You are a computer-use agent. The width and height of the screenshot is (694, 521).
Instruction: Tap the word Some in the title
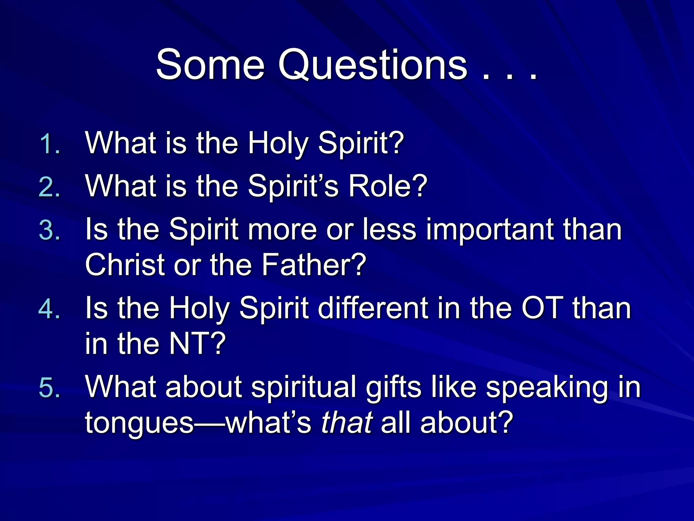coord(210,64)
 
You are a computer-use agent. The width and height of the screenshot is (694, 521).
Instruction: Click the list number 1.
coord(49,144)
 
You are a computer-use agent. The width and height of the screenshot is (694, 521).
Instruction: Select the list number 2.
coord(49,187)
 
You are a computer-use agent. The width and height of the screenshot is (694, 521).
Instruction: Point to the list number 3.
coord(49,231)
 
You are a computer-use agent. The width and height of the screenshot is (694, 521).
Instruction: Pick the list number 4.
coord(49,309)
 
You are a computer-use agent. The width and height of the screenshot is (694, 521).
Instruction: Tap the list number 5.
coord(49,388)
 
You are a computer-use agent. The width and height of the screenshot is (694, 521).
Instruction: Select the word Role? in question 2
coord(388,186)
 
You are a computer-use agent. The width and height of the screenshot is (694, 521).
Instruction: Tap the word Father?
coord(313,265)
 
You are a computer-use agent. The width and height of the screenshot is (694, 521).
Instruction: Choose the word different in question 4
coord(373,308)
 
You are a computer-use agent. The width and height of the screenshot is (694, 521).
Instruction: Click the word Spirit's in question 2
coord(293,187)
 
